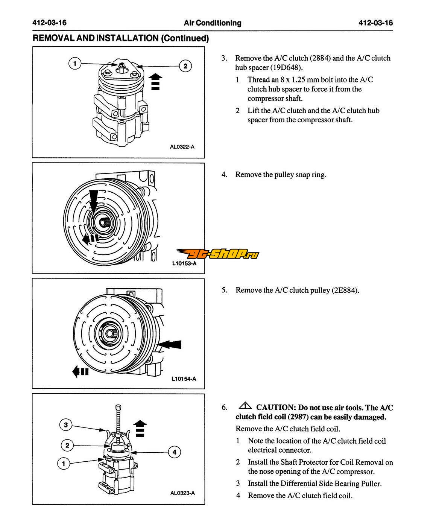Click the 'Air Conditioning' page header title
click(213, 23)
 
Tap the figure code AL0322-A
click(182, 147)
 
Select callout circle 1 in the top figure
click(75, 63)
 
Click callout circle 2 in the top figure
click(185, 67)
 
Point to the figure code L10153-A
click(184, 263)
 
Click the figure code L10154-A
click(184, 379)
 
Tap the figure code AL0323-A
click(182, 493)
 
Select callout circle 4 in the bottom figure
click(174, 452)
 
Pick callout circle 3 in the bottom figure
click(66, 425)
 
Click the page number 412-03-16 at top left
click(49, 23)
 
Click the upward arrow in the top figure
click(156, 81)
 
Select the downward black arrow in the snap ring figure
click(93, 199)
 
